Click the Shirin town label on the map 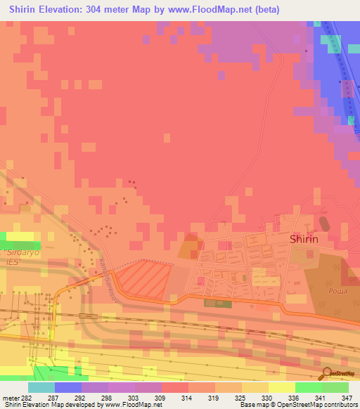tap(304, 239)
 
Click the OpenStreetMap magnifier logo tap(327, 372)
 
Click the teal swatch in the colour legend tap(41, 387)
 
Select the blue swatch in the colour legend tap(68, 387)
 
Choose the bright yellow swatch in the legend tap(282, 387)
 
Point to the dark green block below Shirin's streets tap(215, 303)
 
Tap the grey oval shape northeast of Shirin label tap(324, 224)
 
